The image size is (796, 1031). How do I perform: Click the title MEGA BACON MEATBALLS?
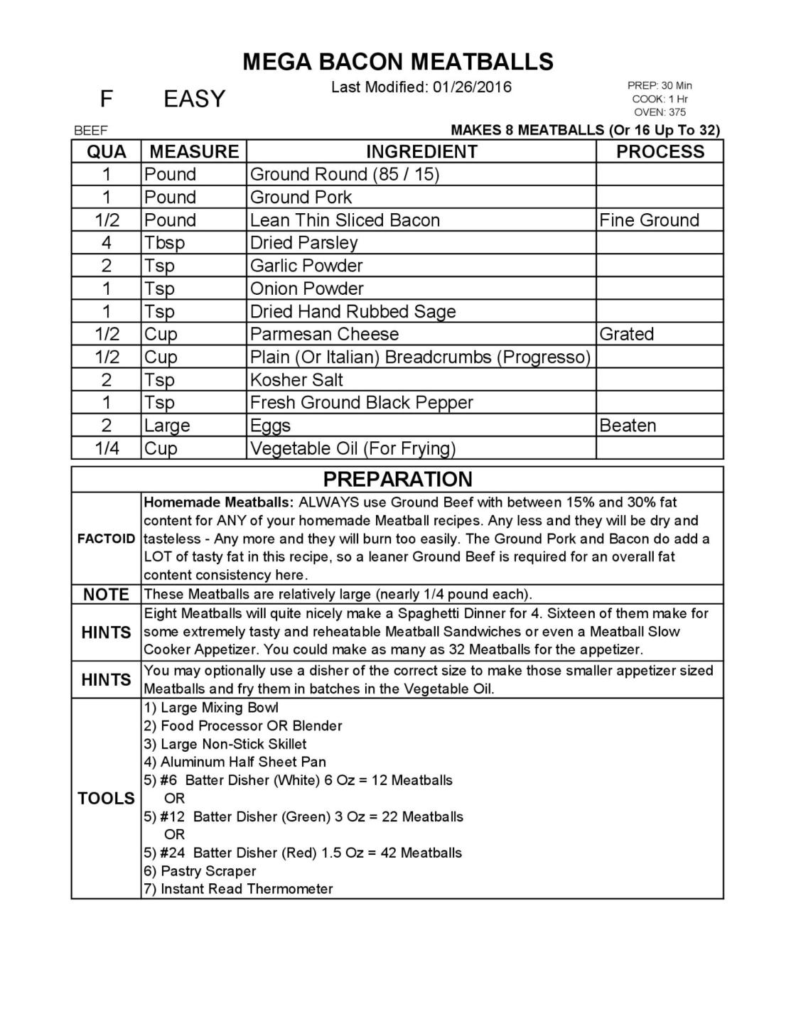397,63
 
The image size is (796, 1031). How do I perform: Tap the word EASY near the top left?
194,99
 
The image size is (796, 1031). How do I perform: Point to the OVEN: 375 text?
660,112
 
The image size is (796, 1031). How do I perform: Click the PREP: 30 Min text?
660,86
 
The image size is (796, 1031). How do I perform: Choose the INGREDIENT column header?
421,151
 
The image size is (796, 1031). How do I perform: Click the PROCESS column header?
660,151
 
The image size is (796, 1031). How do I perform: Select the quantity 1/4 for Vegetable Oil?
107,448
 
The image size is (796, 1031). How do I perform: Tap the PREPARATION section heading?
397,479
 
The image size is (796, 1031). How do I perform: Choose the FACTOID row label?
106,539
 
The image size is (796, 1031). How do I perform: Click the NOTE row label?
106,595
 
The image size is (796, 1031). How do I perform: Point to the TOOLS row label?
106,799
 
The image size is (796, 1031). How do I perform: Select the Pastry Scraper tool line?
200,871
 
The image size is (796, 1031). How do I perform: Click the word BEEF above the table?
90,131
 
